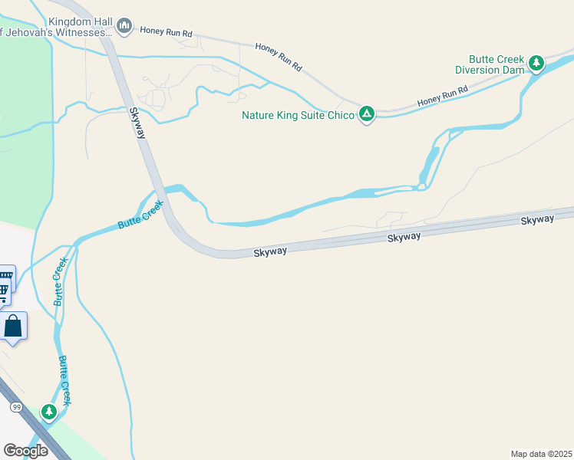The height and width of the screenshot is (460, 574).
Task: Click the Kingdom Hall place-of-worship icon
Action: click(124, 28)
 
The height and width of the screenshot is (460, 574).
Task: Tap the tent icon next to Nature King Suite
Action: click(367, 115)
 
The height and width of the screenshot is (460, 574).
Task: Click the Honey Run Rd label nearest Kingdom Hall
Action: click(166, 32)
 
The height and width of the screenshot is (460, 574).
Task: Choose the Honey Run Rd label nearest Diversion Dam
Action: click(443, 97)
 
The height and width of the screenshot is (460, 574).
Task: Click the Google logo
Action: click(26, 450)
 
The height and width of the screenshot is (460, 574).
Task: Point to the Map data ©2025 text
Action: click(540, 454)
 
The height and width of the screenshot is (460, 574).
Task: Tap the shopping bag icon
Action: click(13, 326)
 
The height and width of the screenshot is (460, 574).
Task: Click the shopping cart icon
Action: click(5, 290)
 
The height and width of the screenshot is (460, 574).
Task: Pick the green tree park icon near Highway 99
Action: click(49, 412)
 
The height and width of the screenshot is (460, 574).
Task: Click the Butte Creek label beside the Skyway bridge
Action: click(140, 215)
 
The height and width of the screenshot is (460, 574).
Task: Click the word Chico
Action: click(341, 115)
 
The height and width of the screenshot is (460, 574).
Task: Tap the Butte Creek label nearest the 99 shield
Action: click(66, 381)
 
